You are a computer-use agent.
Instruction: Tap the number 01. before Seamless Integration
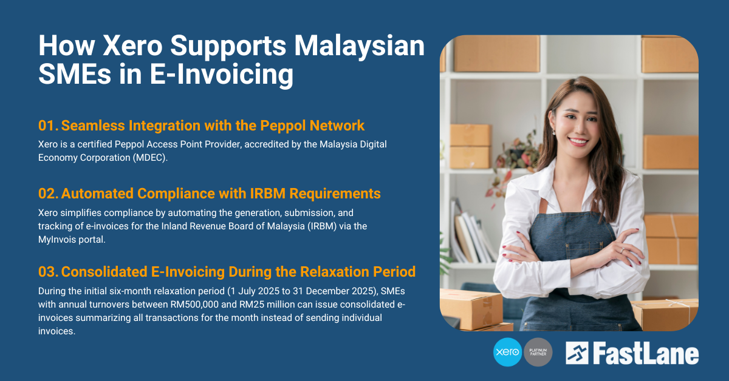47,126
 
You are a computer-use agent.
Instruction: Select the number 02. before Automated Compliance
48,194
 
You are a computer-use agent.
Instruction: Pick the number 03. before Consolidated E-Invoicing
48,271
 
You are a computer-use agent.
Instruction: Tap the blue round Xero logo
508,352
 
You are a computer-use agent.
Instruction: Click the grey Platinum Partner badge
538,352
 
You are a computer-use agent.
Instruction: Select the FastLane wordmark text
646,354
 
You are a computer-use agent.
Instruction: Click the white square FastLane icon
577,354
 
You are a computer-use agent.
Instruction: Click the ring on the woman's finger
621,249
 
